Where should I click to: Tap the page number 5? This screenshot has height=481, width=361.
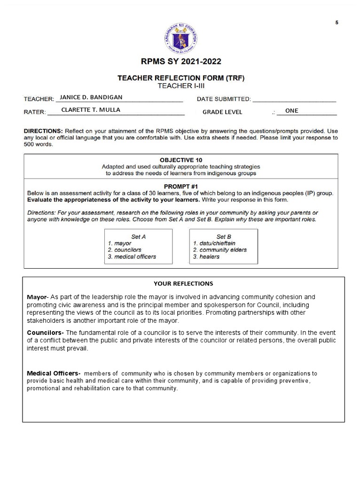(x=337, y=23)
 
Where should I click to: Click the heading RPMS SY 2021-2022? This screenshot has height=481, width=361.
(x=181, y=62)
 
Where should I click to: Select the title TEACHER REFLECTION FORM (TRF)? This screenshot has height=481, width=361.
(x=181, y=78)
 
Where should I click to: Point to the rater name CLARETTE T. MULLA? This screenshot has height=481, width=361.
(x=91, y=110)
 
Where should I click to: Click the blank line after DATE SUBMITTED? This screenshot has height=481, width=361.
(x=294, y=99)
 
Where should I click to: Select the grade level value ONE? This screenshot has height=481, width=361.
(x=291, y=111)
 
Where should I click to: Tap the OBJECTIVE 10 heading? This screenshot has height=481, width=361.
(x=181, y=160)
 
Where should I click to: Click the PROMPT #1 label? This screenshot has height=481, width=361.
(x=181, y=186)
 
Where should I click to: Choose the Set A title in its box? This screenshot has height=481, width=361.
(x=138, y=237)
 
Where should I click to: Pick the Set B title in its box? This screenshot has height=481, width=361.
(x=224, y=237)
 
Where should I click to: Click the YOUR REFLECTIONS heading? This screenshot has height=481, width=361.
(x=183, y=283)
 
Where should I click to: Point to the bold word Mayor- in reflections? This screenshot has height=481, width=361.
(x=38, y=297)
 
